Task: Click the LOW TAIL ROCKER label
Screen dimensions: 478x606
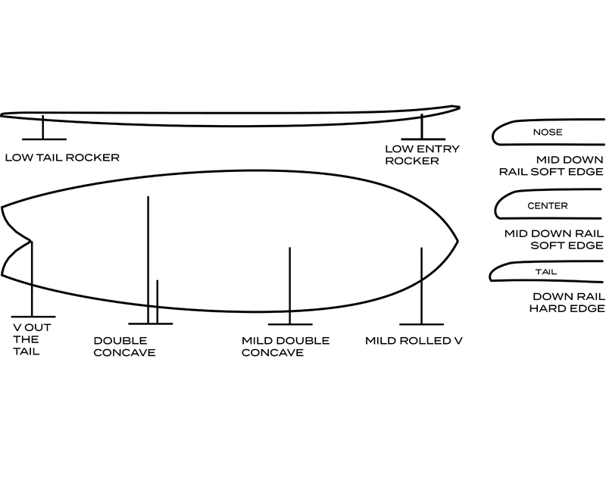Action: click(62, 158)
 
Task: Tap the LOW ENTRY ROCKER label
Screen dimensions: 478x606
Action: click(422, 155)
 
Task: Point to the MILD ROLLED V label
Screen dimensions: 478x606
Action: click(414, 341)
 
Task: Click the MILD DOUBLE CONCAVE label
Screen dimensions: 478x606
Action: click(286, 347)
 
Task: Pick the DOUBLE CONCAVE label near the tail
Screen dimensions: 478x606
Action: click(125, 347)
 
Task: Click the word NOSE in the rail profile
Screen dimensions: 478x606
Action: click(548, 132)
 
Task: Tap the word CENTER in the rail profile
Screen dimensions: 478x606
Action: click(547, 205)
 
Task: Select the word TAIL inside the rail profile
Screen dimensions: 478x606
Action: click(545, 271)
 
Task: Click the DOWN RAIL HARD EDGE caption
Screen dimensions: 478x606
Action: click(567, 302)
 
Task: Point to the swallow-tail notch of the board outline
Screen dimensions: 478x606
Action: click(30, 242)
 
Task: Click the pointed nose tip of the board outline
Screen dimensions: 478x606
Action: click(458, 242)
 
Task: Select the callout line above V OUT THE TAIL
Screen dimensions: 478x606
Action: click(32, 280)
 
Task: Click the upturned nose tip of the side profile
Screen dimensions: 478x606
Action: click(456, 107)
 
